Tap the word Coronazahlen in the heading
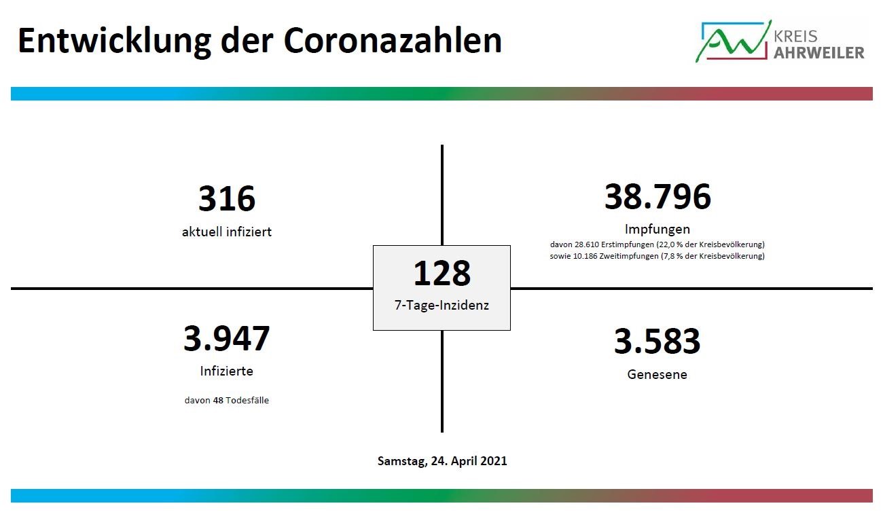(393, 41)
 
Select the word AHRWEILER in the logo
(818, 53)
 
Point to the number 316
(227, 198)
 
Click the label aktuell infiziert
(227, 232)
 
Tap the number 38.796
(657, 196)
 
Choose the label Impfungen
(657, 230)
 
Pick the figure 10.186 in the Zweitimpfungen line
(585, 256)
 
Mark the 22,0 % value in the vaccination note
(671, 244)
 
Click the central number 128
(441, 273)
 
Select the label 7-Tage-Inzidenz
(441, 305)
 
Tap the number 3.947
(226, 338)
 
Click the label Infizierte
(226, 371)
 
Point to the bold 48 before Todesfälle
(218, 400)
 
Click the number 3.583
(657, 341)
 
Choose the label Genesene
(657, 374)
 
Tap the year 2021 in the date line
(493, 461)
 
